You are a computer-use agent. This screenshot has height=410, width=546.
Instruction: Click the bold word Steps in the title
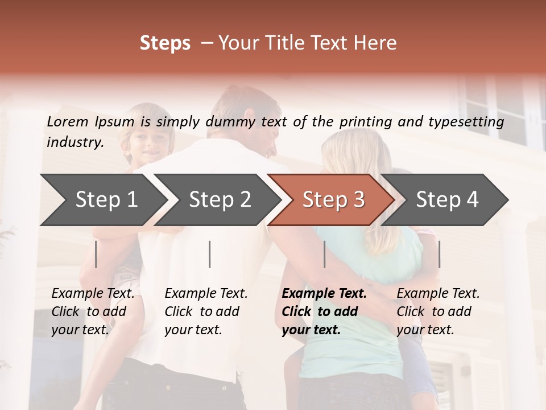(165, 43)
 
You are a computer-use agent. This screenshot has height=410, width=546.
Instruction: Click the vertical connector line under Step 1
(96, 254)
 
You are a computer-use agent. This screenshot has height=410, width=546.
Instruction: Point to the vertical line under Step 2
(210, 254)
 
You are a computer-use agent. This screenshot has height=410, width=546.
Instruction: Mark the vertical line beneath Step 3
(324, 254)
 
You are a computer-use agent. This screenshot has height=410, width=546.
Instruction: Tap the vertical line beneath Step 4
(439, 254)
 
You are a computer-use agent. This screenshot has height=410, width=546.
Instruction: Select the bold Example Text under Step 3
(324, 311)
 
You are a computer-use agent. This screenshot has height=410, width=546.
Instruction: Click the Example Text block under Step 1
(93, 311)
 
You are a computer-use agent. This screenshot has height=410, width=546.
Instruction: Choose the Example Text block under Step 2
(206, 311)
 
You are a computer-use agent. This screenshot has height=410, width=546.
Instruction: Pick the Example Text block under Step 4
(438, 311)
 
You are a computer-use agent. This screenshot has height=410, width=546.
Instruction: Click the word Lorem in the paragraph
(68, 122)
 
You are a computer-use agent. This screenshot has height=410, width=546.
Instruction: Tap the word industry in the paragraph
(75, 142)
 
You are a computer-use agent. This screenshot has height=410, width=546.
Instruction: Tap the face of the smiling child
(147, 142)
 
